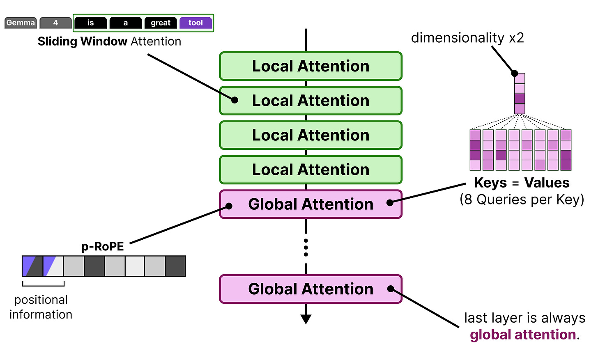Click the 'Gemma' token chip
[x=21, y=23]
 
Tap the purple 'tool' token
[x=195, y=23]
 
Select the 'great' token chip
[x=161, y=23]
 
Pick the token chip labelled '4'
[x=55, y=23]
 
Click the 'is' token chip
[x=91, y=23]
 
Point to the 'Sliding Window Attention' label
[x=109, y=41]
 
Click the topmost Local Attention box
[x=310, y=66]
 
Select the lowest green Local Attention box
[x=310, y=170]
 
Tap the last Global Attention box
[x=310, y=289]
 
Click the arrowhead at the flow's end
[x=306, y=319]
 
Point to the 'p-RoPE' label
[x=102, y=246]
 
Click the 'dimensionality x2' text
[x=467, y=38]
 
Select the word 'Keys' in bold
[x=490, y=183]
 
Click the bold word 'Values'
[x=547, y=183]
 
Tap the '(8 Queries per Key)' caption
[x=522, y=199]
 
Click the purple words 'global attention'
[x=522, y=335]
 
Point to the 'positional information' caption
[x=41, y=307]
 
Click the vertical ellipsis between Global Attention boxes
[x=306, y=248]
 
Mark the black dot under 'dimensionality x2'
[x=515, y=73]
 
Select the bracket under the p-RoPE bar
[x=43, y=284]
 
